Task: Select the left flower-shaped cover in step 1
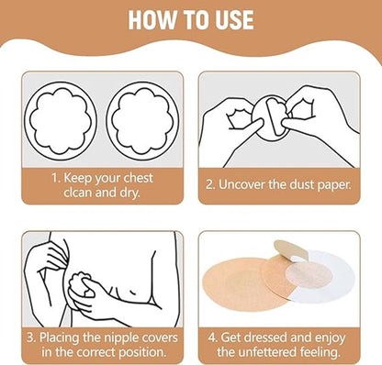61,121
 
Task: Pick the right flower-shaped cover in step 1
142,121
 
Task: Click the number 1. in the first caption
56,178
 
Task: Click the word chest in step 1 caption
137,178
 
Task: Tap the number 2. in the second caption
210,185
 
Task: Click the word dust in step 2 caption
302,185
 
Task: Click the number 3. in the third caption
32,338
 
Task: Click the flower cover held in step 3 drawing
82,285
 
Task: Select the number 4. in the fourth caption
213,338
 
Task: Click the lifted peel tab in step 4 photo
291,249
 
